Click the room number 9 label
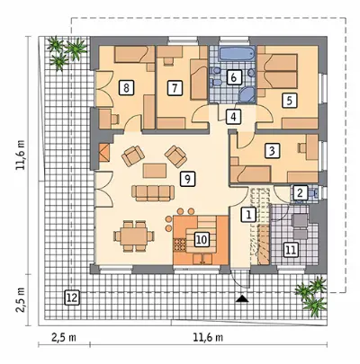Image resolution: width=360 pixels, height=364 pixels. tap(187, 180)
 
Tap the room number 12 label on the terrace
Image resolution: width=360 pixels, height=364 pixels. tap(72, 297)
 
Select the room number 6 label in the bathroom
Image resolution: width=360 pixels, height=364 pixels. tap(234, 77)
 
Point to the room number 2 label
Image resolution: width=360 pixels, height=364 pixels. tap(299, 192)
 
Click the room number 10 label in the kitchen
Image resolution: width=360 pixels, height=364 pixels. tap(202, 240)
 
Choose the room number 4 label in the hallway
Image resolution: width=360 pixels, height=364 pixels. tap(234, 117)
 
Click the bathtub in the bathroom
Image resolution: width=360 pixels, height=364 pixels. tap(237, 54)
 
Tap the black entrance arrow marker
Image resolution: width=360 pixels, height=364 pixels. tap(242, 298)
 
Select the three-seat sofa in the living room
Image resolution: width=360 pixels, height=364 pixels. tap(153, 193)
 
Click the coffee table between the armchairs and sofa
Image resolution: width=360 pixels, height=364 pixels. tap(155, 171)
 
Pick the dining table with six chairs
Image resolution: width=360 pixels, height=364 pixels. tap(134, 235)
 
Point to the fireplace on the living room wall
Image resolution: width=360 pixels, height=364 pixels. tap(104, 153)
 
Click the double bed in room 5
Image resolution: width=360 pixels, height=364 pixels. tap(278, 71)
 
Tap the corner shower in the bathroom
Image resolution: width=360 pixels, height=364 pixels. tap(247, 94)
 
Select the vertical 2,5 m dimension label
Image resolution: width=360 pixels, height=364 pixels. tap(22, 300)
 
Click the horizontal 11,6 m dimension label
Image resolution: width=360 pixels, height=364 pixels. tap(208, 338)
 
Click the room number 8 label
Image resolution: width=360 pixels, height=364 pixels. tap(126, 88)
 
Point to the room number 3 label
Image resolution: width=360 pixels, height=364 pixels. tap(272, 151)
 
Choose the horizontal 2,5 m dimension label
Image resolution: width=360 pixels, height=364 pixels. tap(64, 338)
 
